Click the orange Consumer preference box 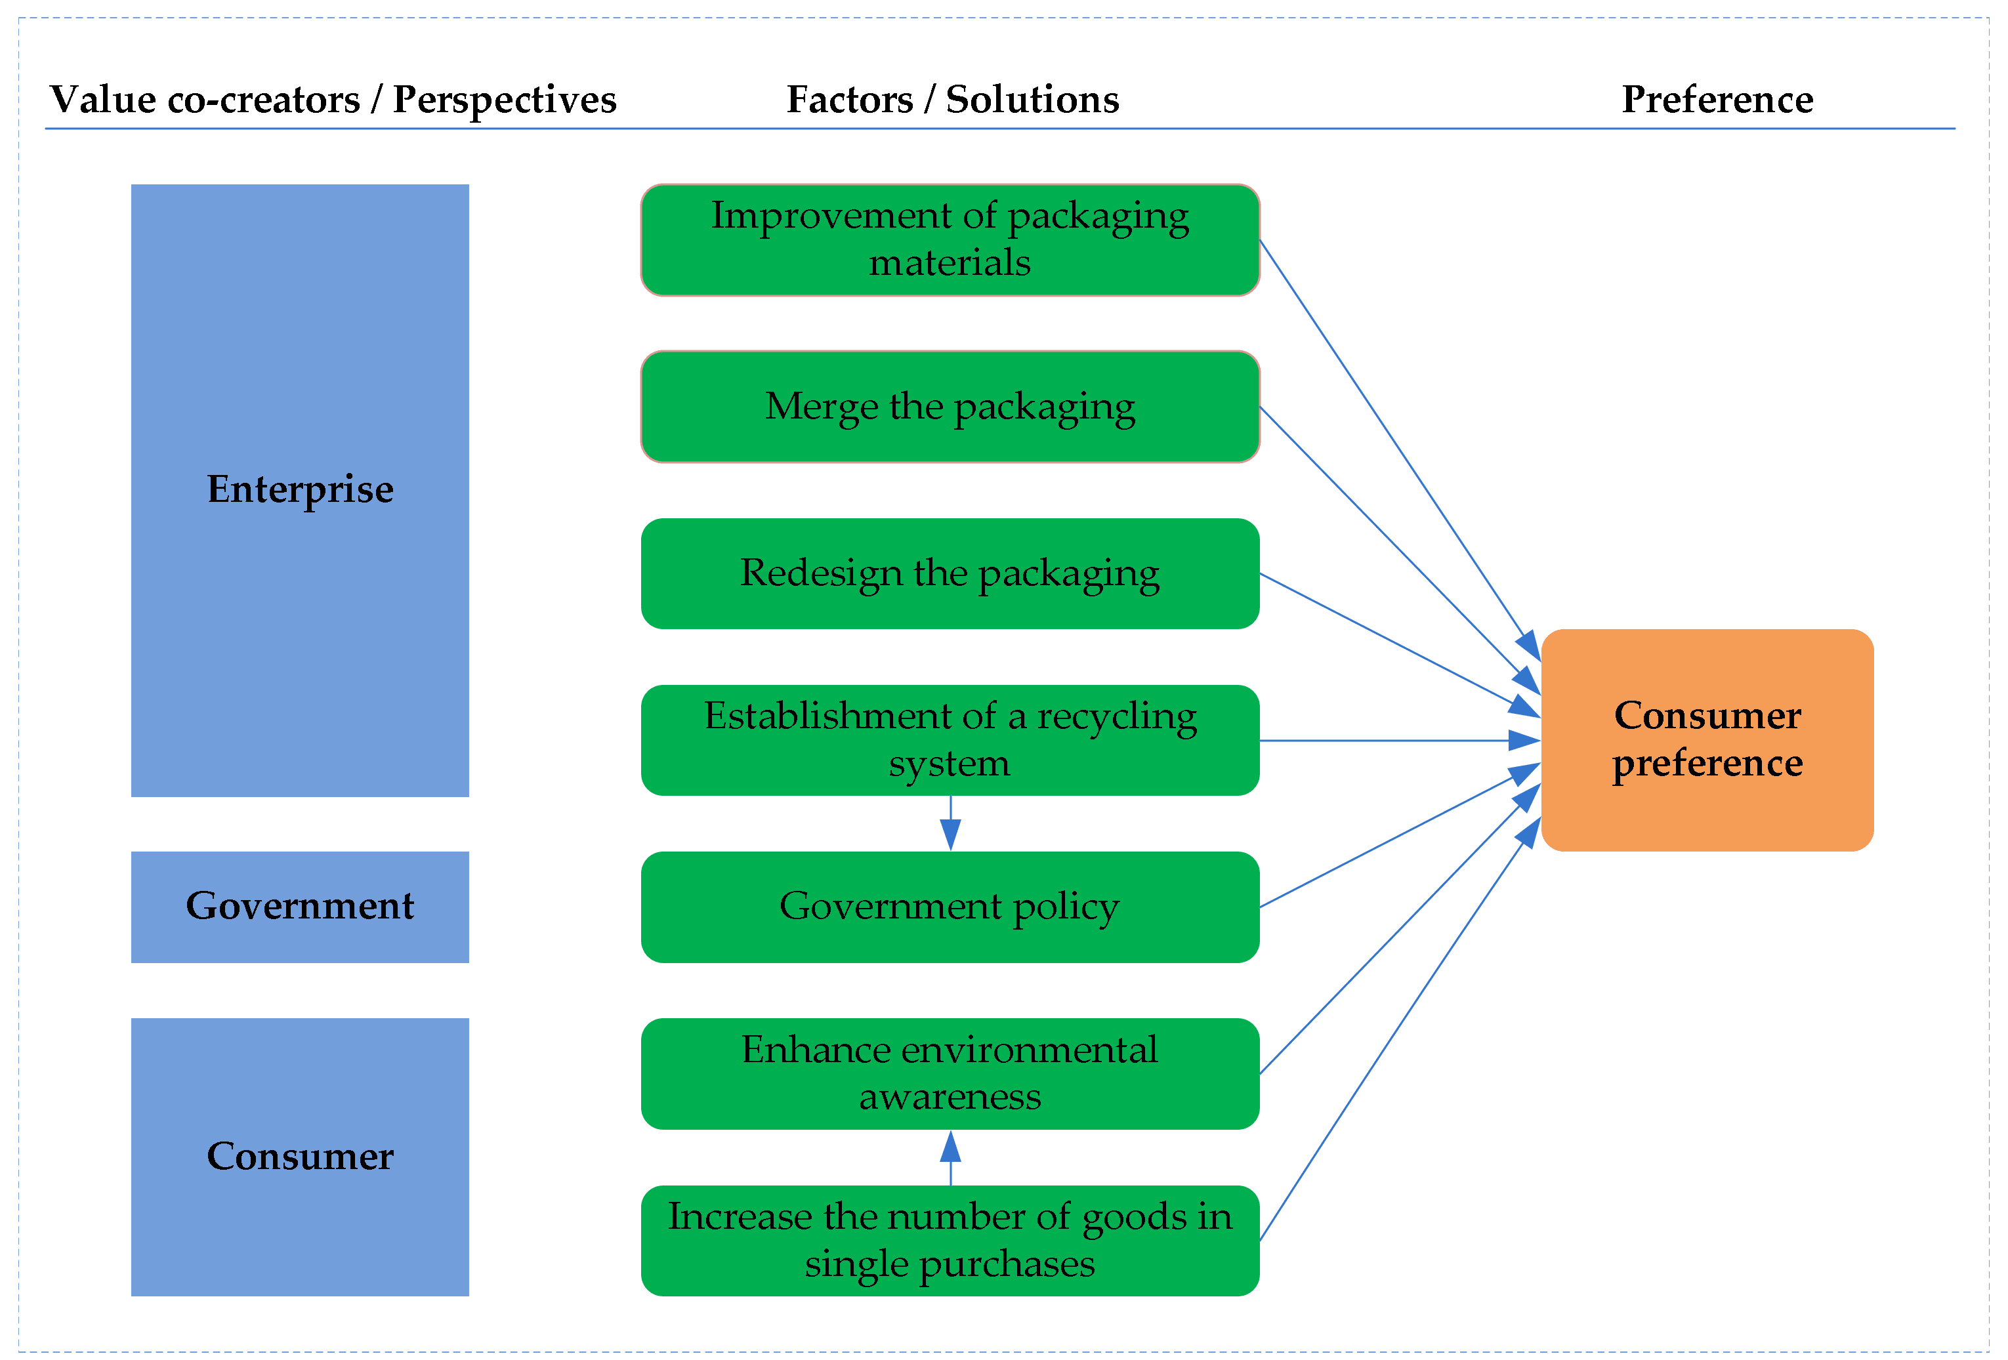coord(1706,739)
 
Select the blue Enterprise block coord(300,490)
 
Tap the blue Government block coord(300,907)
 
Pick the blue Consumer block coord(300,1156)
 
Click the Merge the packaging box coord(950,407)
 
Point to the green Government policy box coord(950,907)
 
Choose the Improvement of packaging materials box coord(950,239)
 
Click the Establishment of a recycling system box coord(950,739)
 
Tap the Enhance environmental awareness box coord(950,1073)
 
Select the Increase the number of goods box coord(950,1240)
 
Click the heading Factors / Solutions coord(952,99)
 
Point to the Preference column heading coord(1717,99)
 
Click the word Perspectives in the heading coord(505,99)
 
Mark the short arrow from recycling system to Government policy coord(950,823)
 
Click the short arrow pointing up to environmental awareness coord(950,1158)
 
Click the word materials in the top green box coord(950,262)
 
